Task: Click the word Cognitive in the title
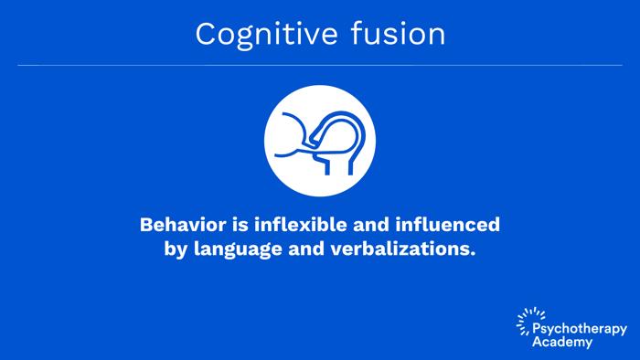click(x=264, y=34)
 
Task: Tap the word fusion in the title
click(x=399, y=34)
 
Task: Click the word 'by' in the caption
click(x=175, y=249)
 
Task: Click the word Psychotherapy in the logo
click(x=580, y=329)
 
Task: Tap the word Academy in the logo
click(x=562, y=343)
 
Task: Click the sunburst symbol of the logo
click(x=527, y=321)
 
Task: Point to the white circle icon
click(x=320, y=141)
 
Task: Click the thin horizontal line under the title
click(x=320, y=66)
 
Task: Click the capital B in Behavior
click(x=147, y=225)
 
